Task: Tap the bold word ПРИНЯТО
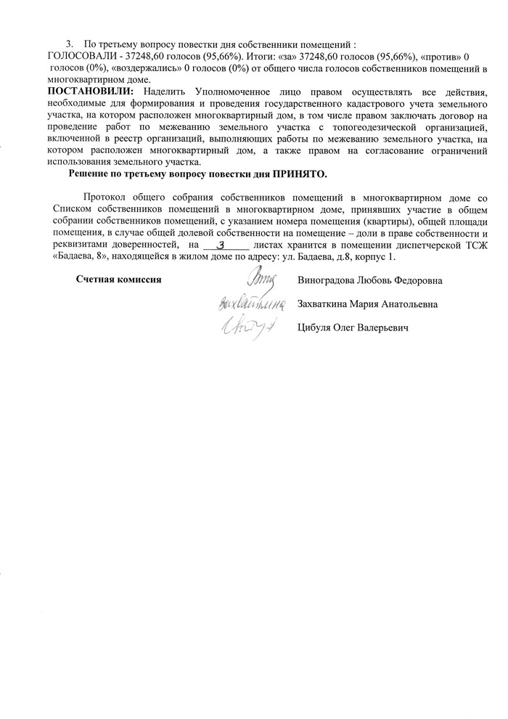pos(300,174)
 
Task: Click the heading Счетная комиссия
pos(118,280)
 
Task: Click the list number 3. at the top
pos(70,44)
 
